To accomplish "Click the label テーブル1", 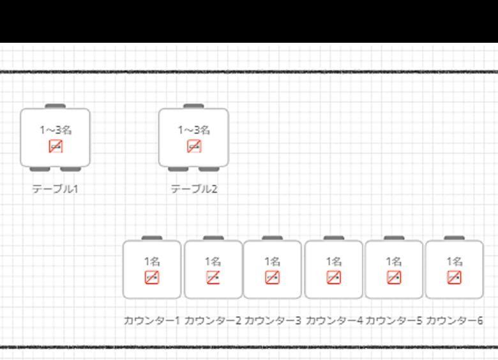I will (x=55, y=189).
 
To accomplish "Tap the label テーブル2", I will (x=194, y=189).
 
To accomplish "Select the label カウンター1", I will (x=152, y=320).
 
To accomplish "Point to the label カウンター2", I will (x=213, y=320).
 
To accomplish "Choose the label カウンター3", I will (x=273, y=320).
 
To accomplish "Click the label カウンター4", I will (x=334, y=320).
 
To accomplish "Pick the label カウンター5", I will (x=394, y=320).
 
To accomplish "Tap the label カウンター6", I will (x=455, y=320).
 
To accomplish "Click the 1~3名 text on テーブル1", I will (x=56, y=130).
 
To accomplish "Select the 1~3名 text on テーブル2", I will (x=194, y=130).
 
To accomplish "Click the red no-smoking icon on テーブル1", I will (x=56, y=146).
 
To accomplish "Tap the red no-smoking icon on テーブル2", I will (x=194, y=146).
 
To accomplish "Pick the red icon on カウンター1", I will (x=152, y=277).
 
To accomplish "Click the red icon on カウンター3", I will (x=273, y=277).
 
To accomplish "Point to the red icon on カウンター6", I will (x=455, y=277).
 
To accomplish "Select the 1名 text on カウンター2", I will (x=213, y=261).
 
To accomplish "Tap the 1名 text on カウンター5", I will (x=394, y=261).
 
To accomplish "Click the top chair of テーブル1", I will (x=56, y=106).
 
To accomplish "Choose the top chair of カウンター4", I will (x=334, y=238).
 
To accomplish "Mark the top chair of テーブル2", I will (x=193, y=106).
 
